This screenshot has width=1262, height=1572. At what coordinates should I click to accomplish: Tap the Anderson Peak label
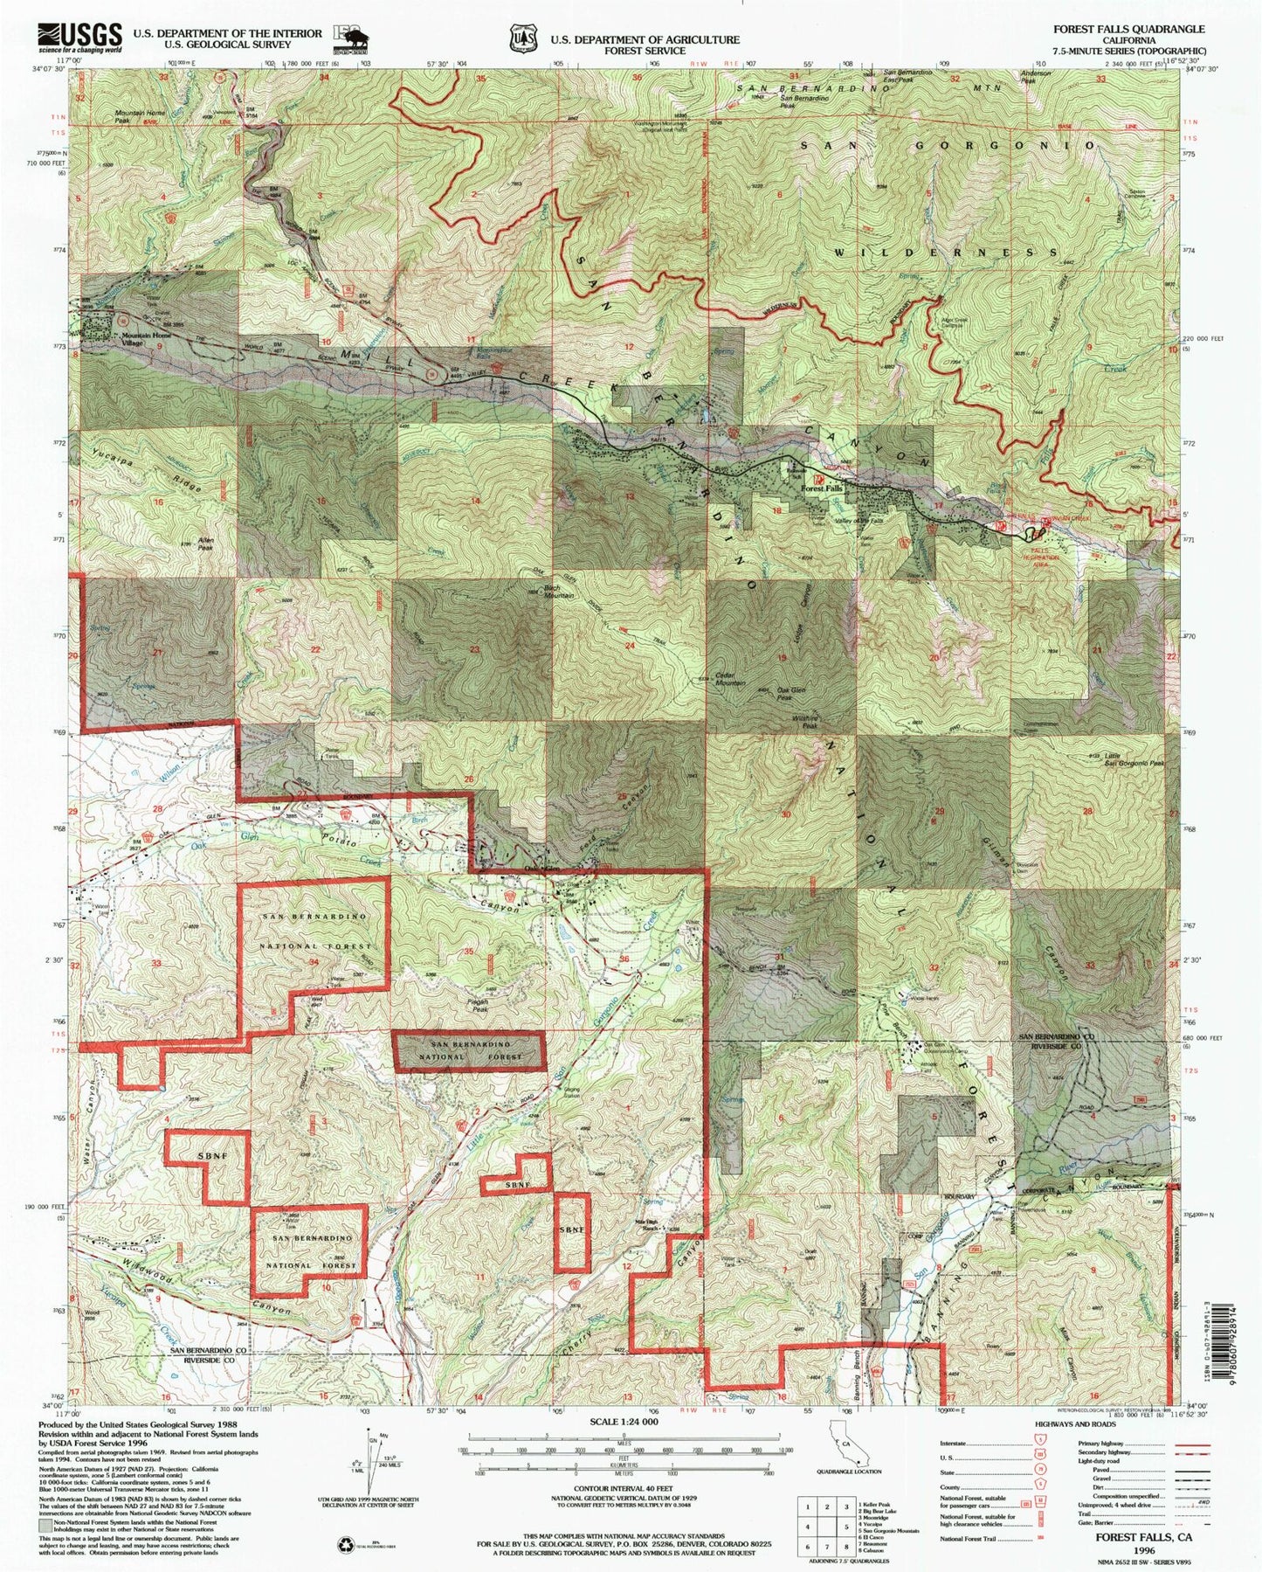[x=1036, y=78]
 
